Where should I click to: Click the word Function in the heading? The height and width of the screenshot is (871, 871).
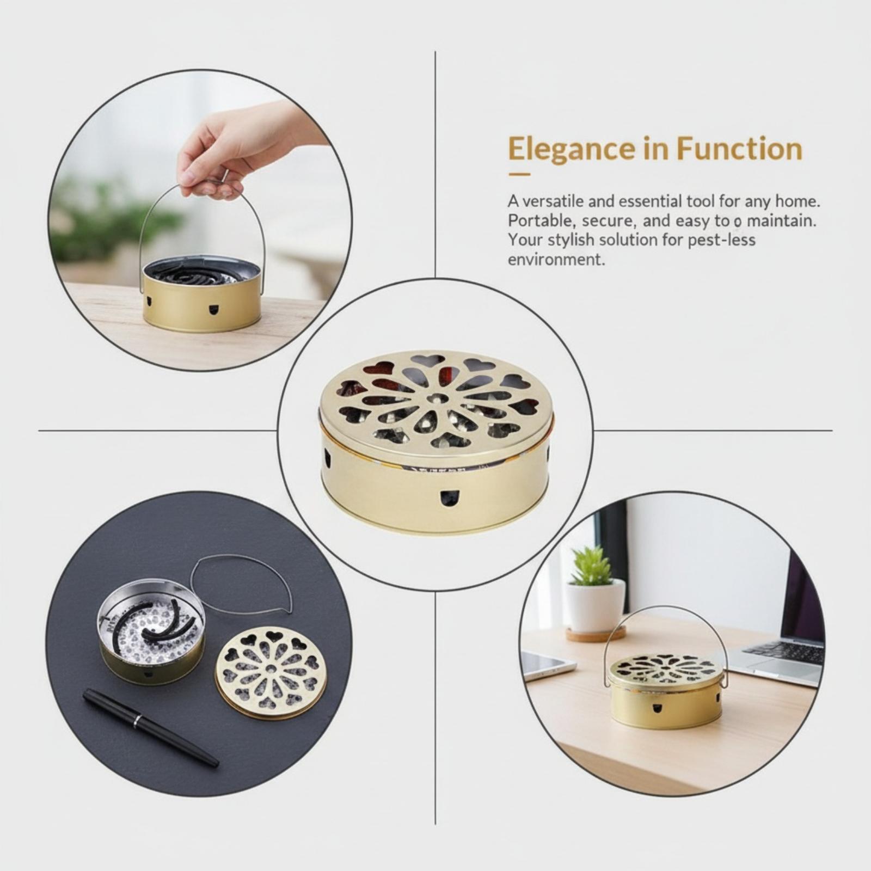(739, 149)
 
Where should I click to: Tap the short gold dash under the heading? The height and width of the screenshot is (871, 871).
(519, 175)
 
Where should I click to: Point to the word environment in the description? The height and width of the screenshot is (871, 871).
(556, 259)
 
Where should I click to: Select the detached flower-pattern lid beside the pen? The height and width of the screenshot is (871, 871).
(271, 674)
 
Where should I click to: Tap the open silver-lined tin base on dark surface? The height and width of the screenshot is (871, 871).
(152, 638)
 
